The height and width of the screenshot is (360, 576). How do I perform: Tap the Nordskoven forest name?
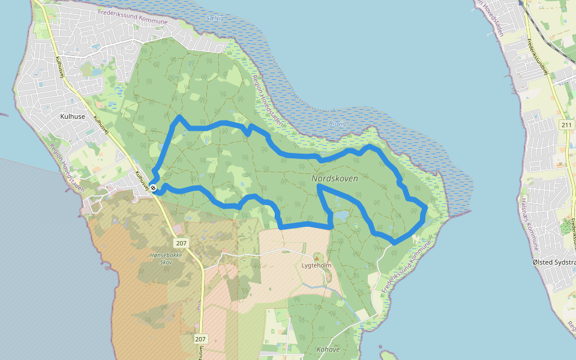(x=335, y=179)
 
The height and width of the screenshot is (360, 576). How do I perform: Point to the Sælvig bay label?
(x=214, y=19)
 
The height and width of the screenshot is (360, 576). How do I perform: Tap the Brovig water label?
(x=338, y=124)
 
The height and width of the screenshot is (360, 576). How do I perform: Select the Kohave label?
(x=328, y=349)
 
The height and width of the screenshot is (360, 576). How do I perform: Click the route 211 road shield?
(x=566, y=125)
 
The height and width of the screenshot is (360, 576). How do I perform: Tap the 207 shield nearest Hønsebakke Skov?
(x=182, y=243)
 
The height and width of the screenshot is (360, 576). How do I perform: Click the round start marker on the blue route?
(x=154, y=188)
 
